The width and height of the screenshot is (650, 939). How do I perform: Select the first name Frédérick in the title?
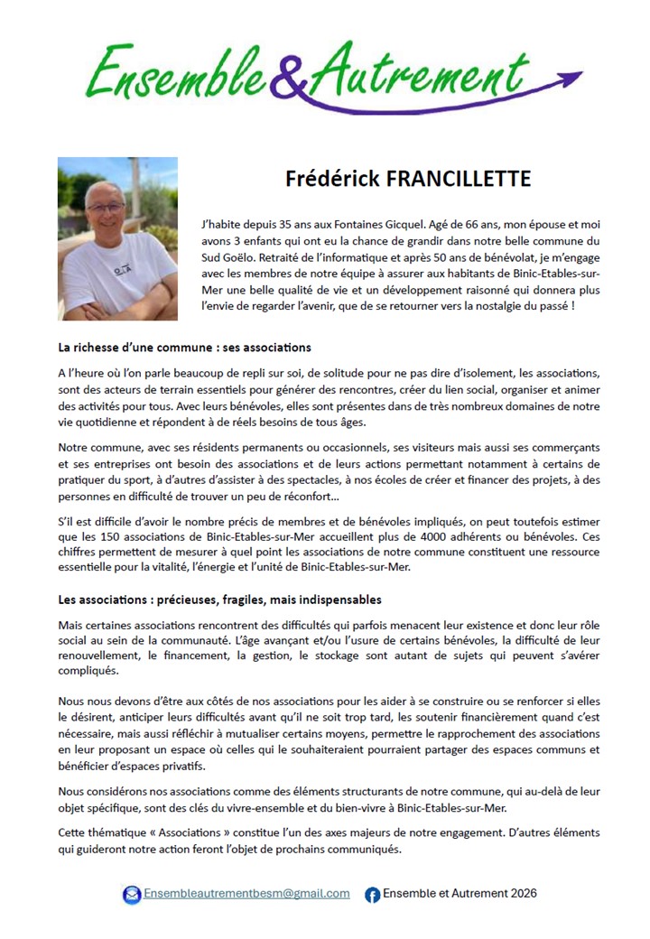pos(333,178)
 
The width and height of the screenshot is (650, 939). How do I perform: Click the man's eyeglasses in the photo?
pos(106,207)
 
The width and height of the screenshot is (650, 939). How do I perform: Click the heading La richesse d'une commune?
pos(184,347)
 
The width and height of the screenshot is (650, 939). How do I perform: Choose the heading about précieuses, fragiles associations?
pos(220,600)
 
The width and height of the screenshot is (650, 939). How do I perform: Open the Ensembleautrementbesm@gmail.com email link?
pos(246,894)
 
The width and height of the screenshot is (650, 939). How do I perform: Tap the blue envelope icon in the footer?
pos(132,894)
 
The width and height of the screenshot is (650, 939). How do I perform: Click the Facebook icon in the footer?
pos(372,895)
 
